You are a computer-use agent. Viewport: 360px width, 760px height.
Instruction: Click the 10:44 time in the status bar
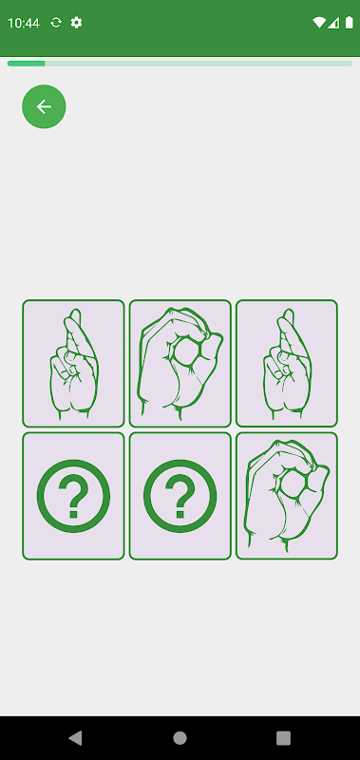[x=23, y=23]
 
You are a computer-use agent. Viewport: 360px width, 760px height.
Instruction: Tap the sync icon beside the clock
[x=56, y=22]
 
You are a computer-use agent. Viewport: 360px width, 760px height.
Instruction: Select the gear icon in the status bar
[x=77, y=22]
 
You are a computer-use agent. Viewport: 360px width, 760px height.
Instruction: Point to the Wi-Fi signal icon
[x=319, y=22]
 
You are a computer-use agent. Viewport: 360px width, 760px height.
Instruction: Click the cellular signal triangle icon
[x=333, y=22]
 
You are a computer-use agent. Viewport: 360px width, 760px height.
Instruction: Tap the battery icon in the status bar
[x=349, y=22]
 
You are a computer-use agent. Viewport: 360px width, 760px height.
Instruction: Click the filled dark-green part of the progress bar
[x=27, y=64]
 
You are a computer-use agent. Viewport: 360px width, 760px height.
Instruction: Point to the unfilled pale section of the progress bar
[x=199, y=64]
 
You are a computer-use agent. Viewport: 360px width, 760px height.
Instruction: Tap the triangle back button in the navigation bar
[x=76, y=738]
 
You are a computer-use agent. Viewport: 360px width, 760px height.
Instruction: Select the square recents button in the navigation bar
[x=283, y=738]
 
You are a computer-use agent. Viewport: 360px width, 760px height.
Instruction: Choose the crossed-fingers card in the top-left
[x=73, y=364]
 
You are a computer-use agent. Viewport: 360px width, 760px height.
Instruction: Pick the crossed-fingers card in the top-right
[x=286, y=364]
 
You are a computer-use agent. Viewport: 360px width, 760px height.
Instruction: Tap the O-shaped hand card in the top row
[x=180, y=364]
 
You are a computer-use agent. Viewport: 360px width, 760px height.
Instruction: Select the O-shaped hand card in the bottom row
[x=286, y=496]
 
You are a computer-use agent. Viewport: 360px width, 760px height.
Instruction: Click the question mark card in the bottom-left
[x=73, y=496]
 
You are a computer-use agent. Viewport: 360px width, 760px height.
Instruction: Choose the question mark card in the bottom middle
[x=180, y=496]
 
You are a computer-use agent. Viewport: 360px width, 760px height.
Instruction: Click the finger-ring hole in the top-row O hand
[x=185, y=351]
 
